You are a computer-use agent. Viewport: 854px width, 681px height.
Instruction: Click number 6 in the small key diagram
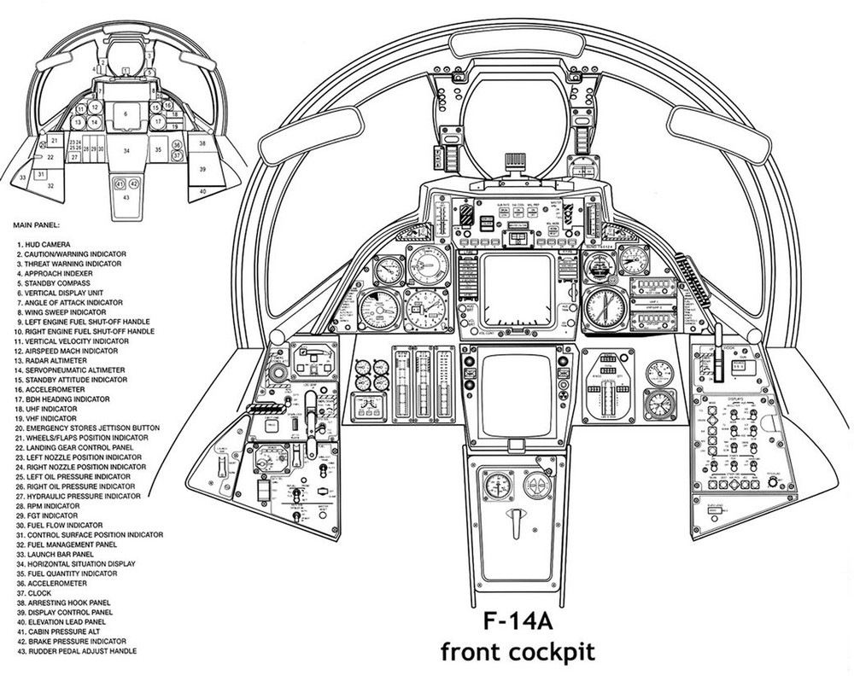click(125, 113)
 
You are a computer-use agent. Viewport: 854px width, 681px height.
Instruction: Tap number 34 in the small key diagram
click(126, 150)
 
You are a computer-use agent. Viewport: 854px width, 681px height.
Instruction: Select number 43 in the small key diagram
click(126, 197)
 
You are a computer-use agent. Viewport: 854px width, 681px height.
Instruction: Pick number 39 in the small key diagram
click(202, 170)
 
